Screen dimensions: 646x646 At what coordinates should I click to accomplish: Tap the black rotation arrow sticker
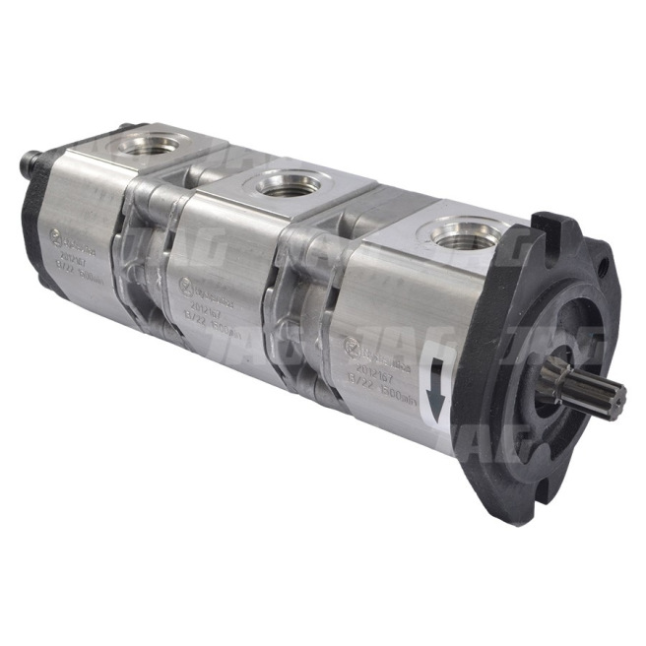[x=433, y=385]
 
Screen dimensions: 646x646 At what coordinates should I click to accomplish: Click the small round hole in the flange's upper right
[x=598, y=265]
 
